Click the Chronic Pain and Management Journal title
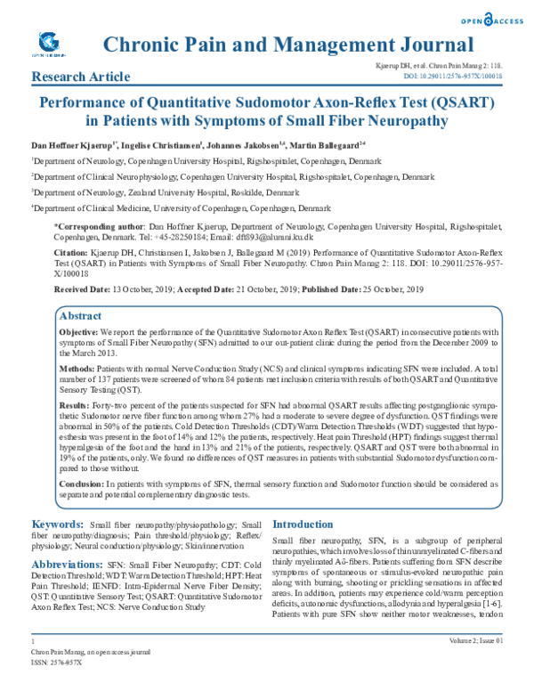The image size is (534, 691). (287, 45)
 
